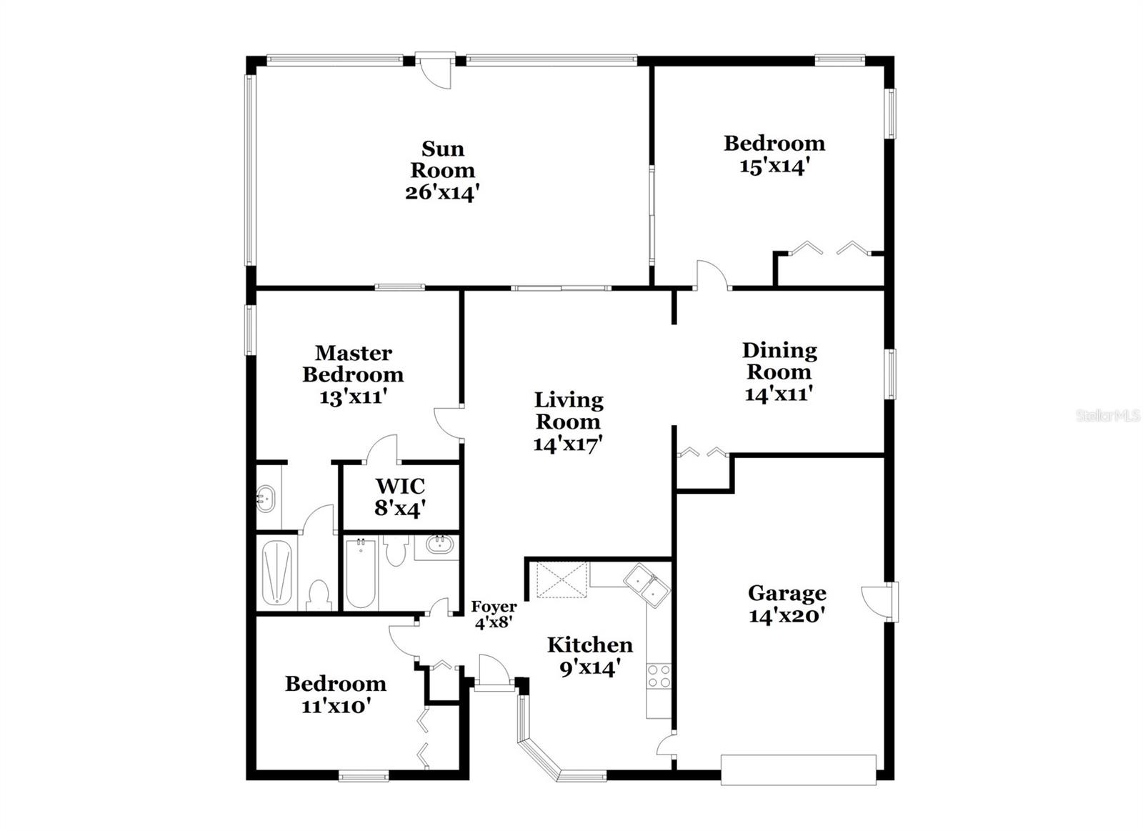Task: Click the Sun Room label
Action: pos(442,159)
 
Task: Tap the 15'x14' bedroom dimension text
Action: pos(774,166)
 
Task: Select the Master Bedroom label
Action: pos(353,364)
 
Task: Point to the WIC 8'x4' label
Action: pos(400,497)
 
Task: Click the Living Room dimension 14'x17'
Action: pos(568,444)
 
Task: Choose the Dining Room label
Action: pos(779,361)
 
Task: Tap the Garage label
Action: pos(787,593)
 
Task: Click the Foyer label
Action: pos(494,607)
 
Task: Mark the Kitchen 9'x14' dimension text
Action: pos(589,668)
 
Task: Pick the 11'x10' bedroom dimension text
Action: pos(336,706)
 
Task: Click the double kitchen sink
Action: pos(647,585)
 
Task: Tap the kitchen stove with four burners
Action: pos(659,676)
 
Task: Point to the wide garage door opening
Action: pos(798,770)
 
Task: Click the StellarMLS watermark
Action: pos(1107,416)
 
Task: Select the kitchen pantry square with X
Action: pos(561,579)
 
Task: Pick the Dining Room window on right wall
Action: pos(891,374)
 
